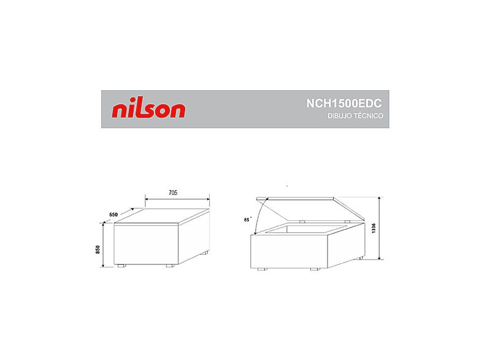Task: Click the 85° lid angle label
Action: [247, 219]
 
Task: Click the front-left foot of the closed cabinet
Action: [121, 266]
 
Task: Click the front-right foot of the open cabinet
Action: [315, 268]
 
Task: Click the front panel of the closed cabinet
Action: [145, 245]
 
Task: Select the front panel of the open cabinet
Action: [291, 251]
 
